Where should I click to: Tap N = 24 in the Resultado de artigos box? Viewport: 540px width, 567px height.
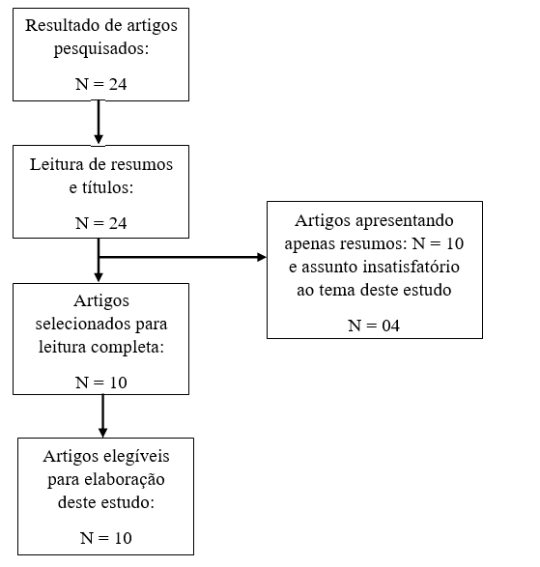click(x=100, y=84)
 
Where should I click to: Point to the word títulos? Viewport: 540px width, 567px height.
click(x=106, y=187)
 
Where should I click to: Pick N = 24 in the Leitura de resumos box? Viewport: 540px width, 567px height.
click(x=100, y=223)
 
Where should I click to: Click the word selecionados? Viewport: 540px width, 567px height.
click(x=83, y=324)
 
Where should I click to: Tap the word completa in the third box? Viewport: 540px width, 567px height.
click(x=125, y=347)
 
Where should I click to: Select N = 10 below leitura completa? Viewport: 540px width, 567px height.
click(x=100, y=383)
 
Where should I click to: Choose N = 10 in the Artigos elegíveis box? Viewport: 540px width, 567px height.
click(x=106, y=538)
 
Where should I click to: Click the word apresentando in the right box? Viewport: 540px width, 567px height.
click(x=405, y=221)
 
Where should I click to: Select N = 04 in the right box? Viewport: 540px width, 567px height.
click(x=374, y=326)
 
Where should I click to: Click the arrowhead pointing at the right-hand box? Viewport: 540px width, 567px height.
click(x=262, y=258)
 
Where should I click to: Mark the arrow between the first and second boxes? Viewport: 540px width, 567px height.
click(x=99, y=123)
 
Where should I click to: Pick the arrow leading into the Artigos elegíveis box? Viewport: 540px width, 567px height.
click(x=102, y=416)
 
